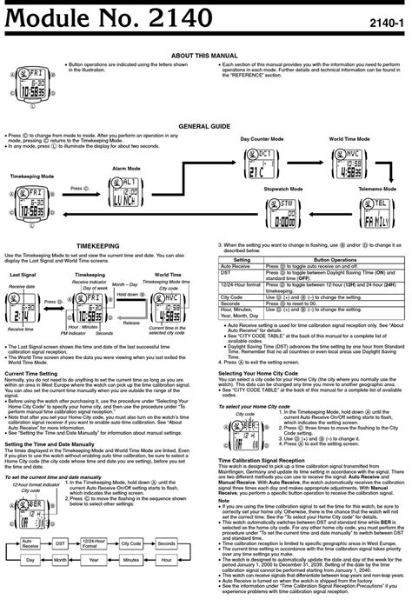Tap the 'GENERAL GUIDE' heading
pyautogui.click(x=205, y=126)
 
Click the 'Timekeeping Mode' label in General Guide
pyautogui.click(x=33, y=176)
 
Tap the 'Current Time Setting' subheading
pyautogui.click(x=31, y=372)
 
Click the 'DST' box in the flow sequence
pyautogui.click(x=60, y=542)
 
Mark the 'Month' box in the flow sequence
pyautogui.click(x=60, y=562)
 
